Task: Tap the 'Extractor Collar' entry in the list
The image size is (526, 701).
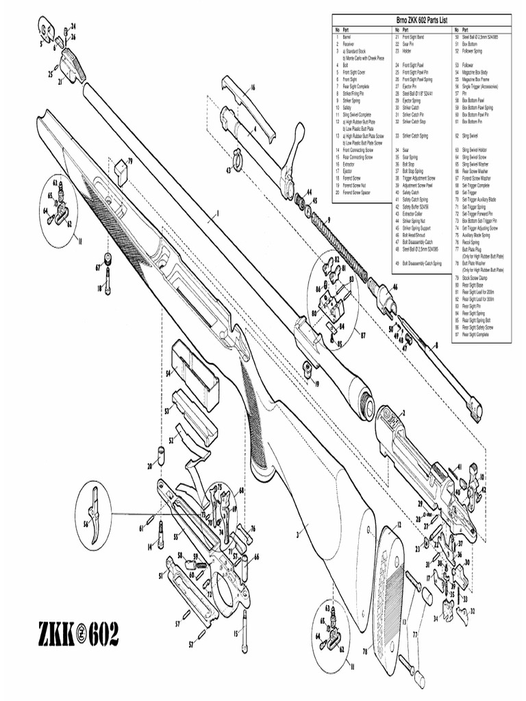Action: [x=414, y=214]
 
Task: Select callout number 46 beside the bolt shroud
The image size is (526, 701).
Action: [x=394, y=288]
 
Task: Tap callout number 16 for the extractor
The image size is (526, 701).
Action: [x=252, y=88]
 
